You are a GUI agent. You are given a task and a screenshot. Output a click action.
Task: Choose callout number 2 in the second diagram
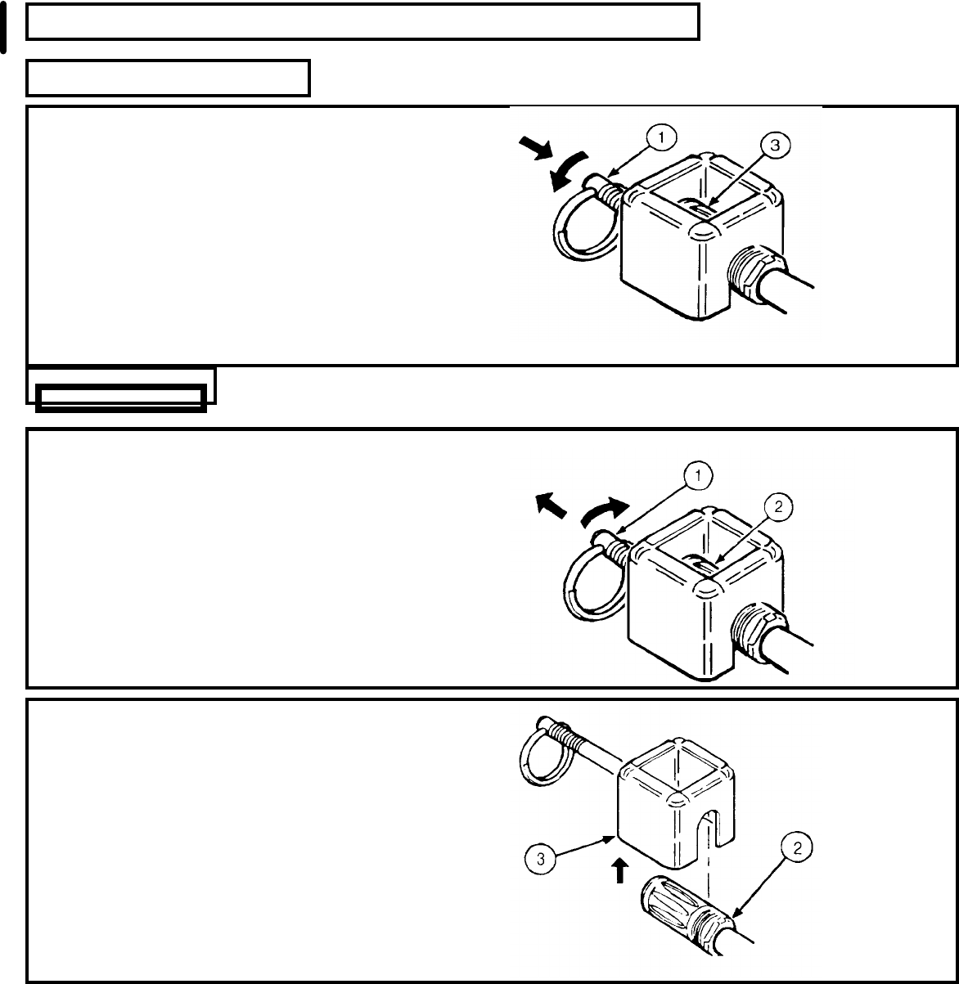coord(778,507)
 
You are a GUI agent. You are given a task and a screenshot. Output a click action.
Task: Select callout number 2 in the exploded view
coord(802,848)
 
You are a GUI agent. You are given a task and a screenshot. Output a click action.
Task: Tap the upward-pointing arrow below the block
coord(619,869)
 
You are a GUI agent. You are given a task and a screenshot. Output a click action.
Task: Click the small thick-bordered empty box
coord(121,398)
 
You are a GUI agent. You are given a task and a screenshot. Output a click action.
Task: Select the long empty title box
coord(362,21)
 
